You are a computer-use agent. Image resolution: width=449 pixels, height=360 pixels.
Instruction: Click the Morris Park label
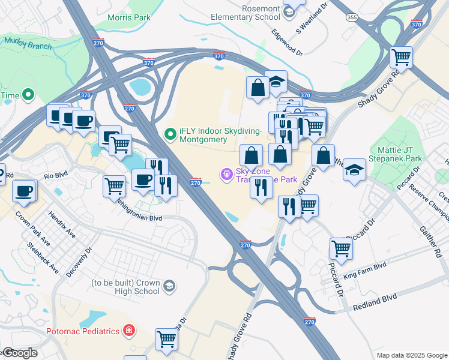(128, 18)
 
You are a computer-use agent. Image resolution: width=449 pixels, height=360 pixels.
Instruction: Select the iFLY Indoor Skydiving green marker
(170, 134)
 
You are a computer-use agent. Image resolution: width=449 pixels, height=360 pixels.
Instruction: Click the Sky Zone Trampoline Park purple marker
(226, 175)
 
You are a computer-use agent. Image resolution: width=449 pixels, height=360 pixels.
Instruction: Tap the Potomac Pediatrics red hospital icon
(128, 330)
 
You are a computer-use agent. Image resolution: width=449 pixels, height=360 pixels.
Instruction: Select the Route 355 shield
(352, 17)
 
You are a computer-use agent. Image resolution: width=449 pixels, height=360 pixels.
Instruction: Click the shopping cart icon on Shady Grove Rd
(401, 58)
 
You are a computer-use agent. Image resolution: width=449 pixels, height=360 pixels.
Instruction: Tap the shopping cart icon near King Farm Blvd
(341, 248)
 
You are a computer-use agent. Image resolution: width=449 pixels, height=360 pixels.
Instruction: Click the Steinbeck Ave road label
(43, 258)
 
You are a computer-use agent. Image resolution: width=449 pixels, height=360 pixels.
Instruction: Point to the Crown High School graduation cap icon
(169, 286)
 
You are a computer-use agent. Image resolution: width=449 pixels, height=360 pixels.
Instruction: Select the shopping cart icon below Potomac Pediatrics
(167, 339)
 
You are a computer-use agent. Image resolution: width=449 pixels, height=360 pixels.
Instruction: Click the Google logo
(20, 353)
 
